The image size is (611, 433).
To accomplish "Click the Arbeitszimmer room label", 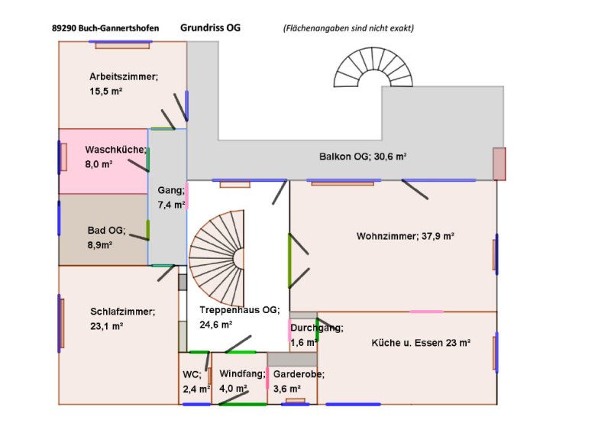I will [123, 76].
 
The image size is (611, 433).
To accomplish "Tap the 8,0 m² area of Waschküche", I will [99, 164].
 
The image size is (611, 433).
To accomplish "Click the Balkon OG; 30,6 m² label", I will [362, 157].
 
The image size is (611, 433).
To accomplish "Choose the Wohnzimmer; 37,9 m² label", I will [405, 236].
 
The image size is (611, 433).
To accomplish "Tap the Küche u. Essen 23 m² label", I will [421, 343].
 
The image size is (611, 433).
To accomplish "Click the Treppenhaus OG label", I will [240, 310].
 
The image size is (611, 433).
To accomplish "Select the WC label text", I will [192, 374].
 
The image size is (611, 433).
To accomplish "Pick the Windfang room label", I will [241, 374].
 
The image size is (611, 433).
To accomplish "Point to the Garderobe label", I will [299, 374].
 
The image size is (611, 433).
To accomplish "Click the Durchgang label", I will [317, 328].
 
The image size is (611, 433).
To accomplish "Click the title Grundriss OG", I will [210, 27].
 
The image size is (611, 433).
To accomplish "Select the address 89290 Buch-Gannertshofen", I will [106, 28].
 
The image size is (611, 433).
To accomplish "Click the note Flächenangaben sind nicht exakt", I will [348, 28].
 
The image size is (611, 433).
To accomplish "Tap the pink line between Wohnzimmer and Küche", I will [426, 312].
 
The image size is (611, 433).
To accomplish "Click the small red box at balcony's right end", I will [499, 163].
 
